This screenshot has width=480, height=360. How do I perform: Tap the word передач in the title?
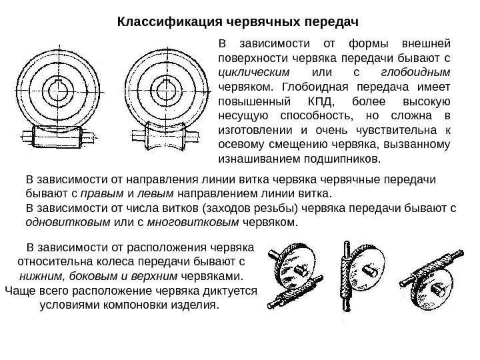(332, 22)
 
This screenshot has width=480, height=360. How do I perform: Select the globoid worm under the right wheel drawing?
(167, 138)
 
